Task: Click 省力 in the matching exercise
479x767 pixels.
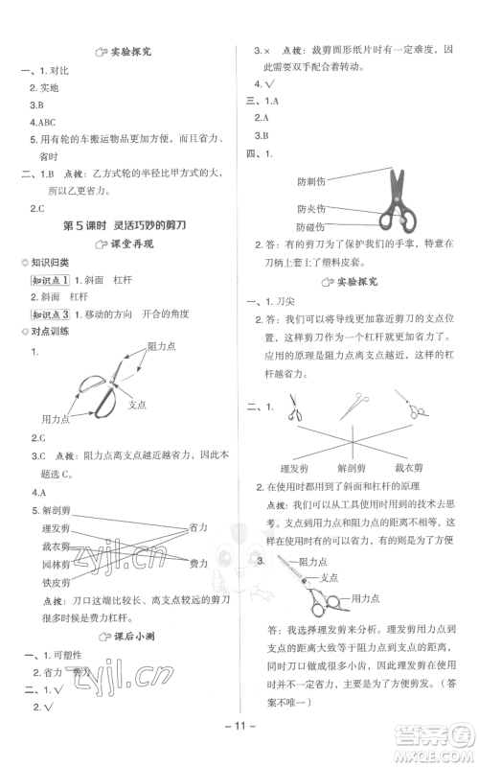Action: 199,526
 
